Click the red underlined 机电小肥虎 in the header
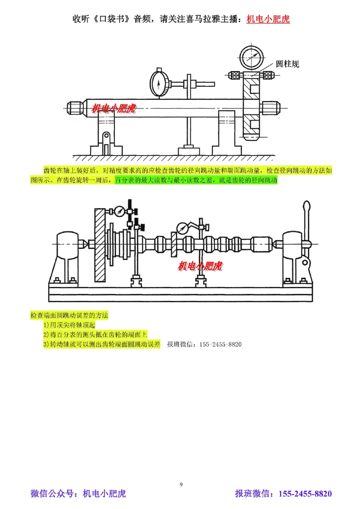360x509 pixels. click(268, 19)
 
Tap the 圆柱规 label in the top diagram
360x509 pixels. click(288, 64)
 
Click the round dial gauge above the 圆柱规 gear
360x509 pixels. click(252, 56)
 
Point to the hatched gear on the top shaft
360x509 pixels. click(251, 108)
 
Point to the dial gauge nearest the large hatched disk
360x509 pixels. click(120, 211)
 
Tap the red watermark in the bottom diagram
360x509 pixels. click(200, 266)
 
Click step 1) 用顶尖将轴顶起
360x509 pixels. click(69, 325)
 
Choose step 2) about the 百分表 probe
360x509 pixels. click(95, 335)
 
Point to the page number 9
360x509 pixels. click(181, 484)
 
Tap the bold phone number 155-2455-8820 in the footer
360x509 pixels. click(306, 494)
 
